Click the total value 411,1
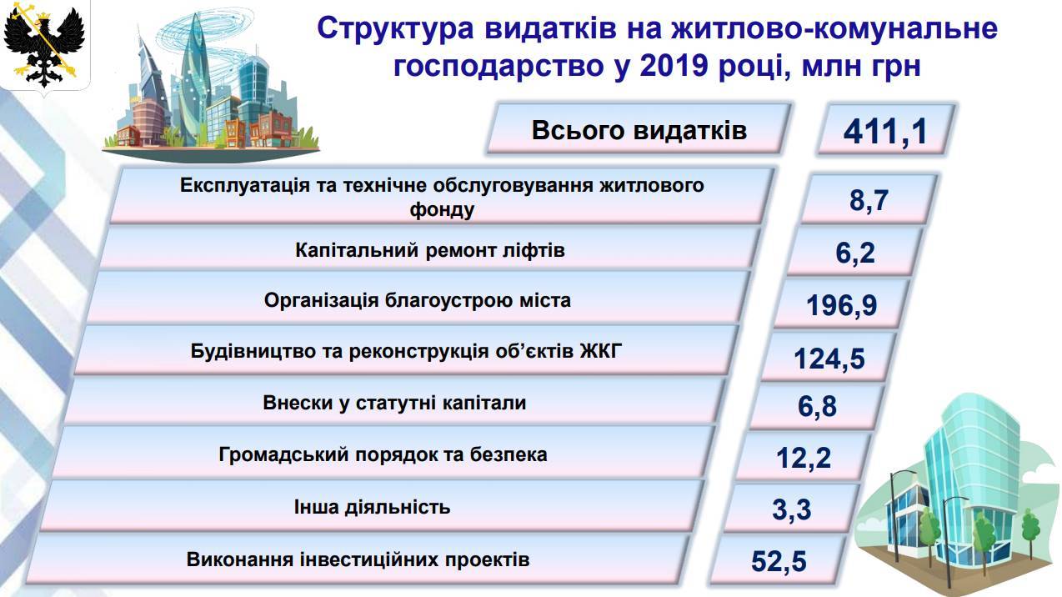tap(885, 132)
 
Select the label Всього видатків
tap(639, 130)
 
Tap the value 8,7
tap(869, 200)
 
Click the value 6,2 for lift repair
tap(854, 253)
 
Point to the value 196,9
tap(842, 305)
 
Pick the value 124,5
tap(829, 359)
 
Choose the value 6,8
tap(817, 406)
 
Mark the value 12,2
tap(804, 458)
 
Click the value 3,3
tap(792, 509)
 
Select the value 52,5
tap(779, 561)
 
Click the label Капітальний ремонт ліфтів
tap(430, 250)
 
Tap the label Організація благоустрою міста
tap(417, 301)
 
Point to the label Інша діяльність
tap(372, 507)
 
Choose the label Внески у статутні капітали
tap(394, 403)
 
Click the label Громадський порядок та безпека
tap(383, 454)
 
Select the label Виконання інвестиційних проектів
tap(358, 559)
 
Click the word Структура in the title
tap(395, 28)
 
